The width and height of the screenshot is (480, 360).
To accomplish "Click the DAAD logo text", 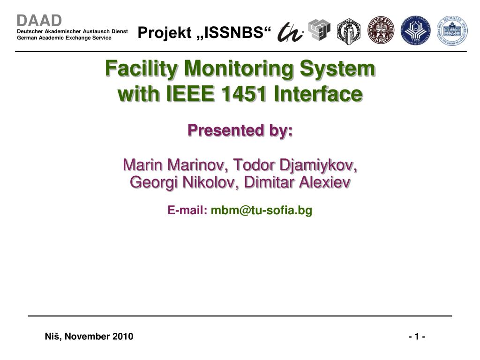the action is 39,21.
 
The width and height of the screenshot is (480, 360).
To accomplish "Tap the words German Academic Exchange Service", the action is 64,38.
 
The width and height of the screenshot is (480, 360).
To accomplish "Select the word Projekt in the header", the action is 165,32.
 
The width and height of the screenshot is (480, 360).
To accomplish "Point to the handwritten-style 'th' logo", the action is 290,32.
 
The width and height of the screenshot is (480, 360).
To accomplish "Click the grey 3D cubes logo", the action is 319,30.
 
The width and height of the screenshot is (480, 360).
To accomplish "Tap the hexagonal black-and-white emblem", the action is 349,31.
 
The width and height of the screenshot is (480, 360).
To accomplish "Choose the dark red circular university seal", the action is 381,30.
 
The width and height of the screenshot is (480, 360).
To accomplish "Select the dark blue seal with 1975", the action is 415,30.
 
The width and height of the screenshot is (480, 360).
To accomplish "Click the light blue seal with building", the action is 452,30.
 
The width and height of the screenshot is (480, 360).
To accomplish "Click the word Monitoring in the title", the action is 239,69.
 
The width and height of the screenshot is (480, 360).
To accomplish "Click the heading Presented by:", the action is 240,130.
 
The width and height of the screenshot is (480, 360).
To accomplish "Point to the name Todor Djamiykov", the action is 295,165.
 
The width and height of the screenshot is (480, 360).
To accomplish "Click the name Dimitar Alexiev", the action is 297,182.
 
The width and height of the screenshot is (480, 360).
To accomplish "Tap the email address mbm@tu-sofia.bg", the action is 262,210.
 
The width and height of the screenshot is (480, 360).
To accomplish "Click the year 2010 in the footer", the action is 122,337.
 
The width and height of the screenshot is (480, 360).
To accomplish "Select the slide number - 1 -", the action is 417,337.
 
